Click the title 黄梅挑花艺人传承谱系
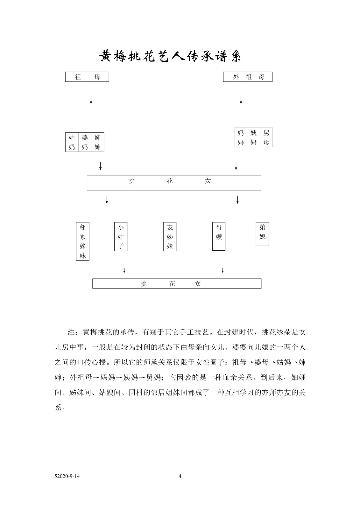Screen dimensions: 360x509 click(x=170, y=56)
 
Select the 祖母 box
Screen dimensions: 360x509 click(x=87, y=77)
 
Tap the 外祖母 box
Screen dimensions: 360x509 click(x=248, y=77)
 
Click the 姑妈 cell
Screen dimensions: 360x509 click(x=72, y=142)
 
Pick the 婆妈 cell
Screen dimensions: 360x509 click(x=85, y=142)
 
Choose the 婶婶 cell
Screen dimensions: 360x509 click(x=98, y=142)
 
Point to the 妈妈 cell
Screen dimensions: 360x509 click(x=241, y=137)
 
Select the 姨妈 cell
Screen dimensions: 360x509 click(x=254, y=137)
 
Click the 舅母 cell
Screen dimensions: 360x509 click(x=266, y=137)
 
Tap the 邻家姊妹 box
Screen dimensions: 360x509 click(x=82, y=241)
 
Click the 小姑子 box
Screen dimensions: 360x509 click(x=121, y=237)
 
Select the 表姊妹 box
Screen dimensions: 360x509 click(x=170, y=237)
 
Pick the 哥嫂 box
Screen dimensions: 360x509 click(x=219, y=236)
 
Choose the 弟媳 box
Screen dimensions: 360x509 click(x=262, y=234)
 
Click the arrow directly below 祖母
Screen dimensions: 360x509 click(x=91, y=100)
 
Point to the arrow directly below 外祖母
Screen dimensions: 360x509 click(x=241, y=100)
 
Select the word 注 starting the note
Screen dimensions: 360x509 click(x=71, y=332)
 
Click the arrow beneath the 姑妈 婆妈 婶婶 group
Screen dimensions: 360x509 click(x=101, y=166)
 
